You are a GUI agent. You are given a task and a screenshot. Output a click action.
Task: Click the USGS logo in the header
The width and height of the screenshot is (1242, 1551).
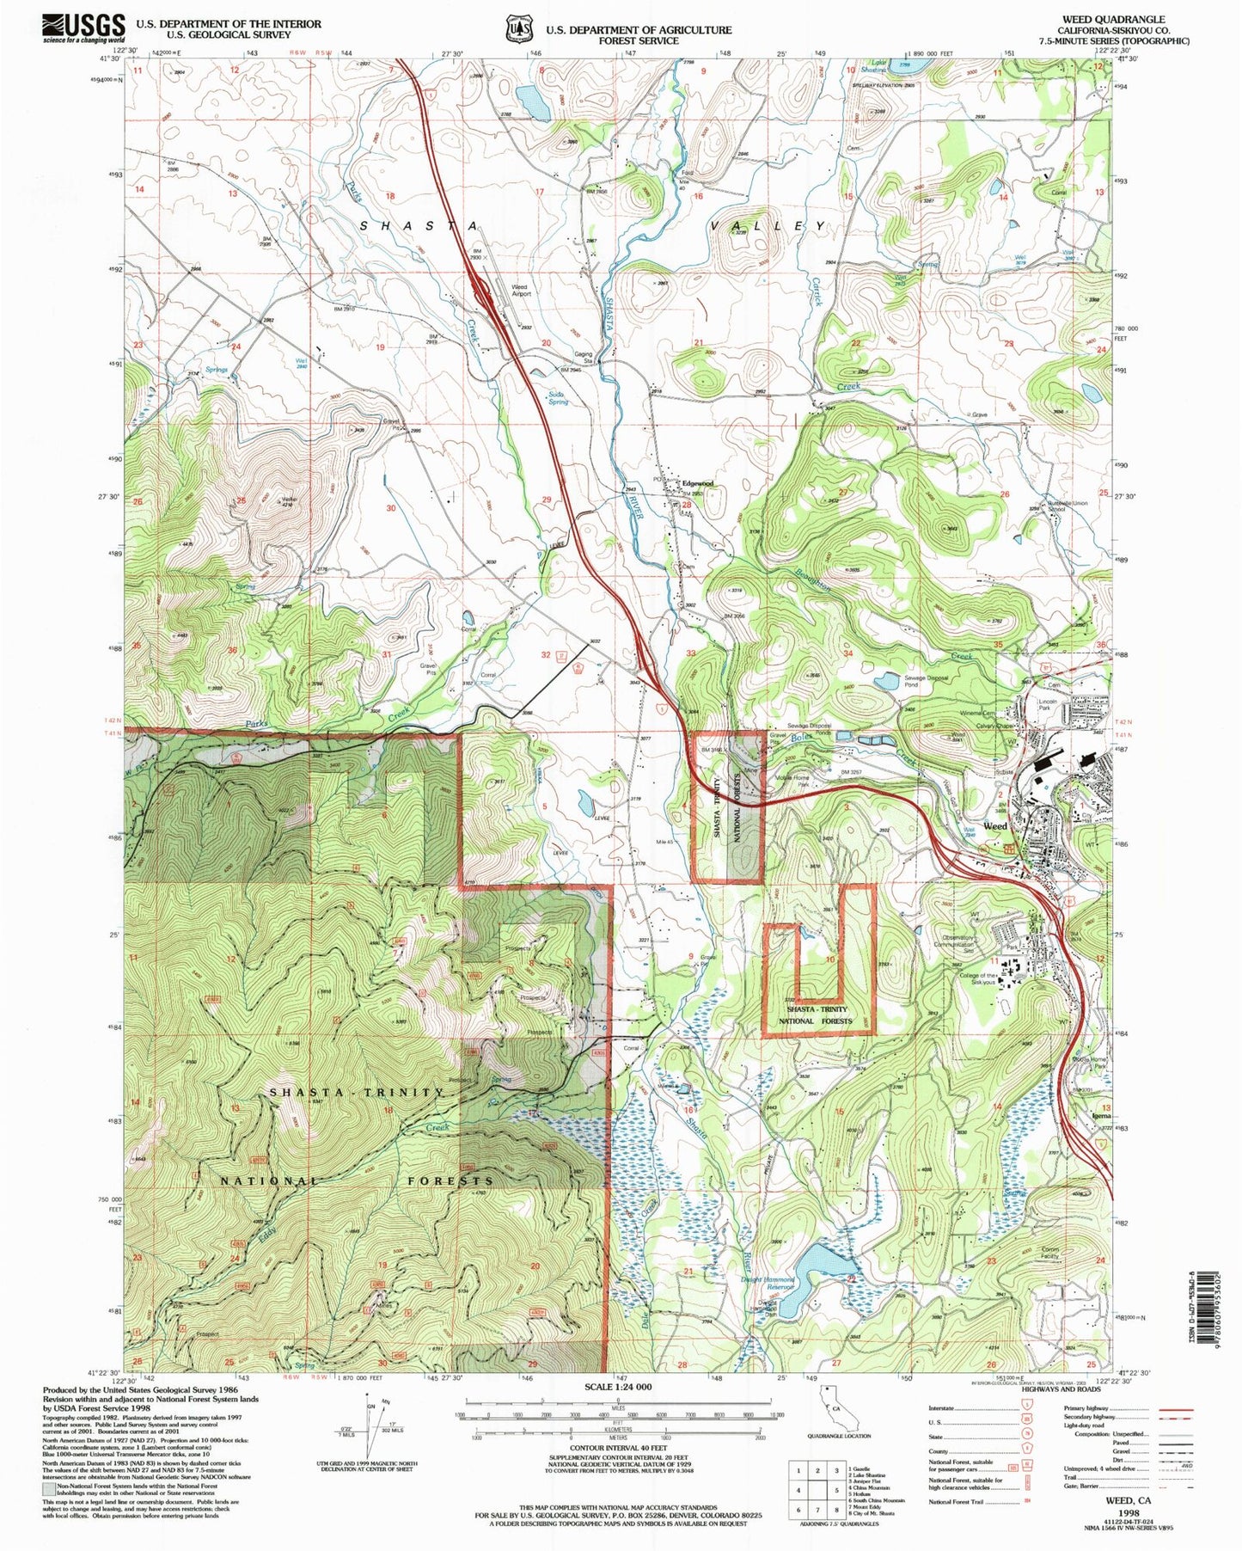(x=83, y=28)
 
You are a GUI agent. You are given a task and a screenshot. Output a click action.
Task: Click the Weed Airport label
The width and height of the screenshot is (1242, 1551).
(x=522, y=290)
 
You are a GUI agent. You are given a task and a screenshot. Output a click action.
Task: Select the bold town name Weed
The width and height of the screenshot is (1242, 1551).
(x=994, y=825)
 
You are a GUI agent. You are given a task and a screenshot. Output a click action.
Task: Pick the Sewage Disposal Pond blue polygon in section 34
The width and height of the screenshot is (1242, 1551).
(x=886, y=682)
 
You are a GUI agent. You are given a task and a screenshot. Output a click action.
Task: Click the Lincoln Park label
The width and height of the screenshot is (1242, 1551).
(x=1047, y=704)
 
